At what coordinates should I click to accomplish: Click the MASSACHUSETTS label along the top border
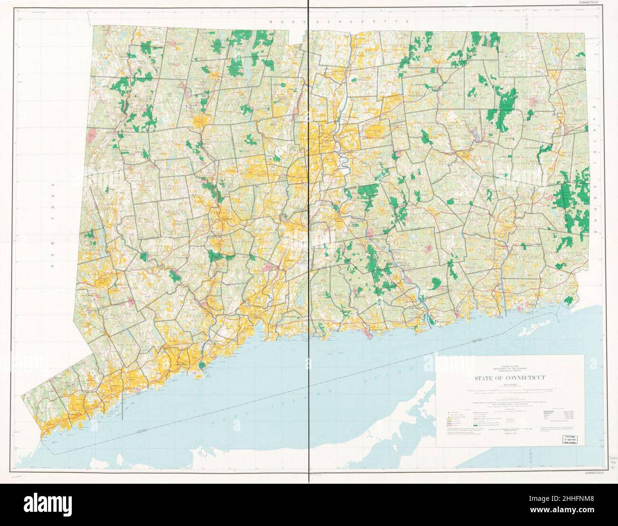[x=339, y=22]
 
